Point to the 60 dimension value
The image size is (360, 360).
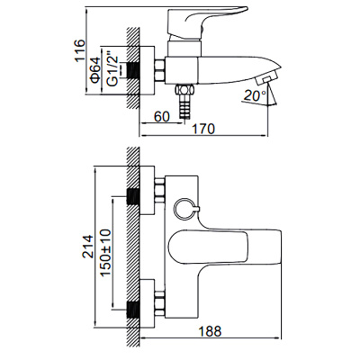(x=161, y=115)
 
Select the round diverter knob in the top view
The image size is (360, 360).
(x=184, y=210)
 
